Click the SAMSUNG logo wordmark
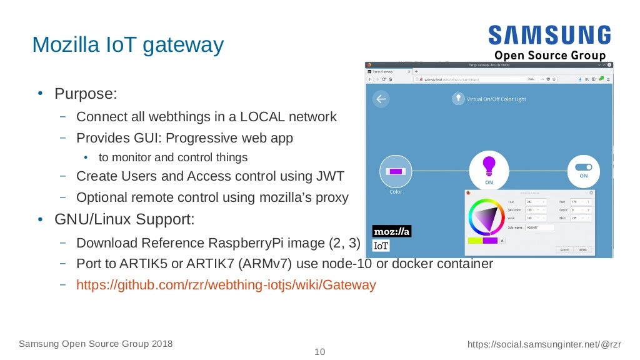pos(550,35)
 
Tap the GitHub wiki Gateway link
pos(226,285)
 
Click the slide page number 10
pos(319,352)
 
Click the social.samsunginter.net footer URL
pos(544,344)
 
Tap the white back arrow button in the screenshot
pos(381,99)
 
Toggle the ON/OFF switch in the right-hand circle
pos(584,167)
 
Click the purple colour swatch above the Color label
pos(396,171)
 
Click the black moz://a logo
pos(392,232)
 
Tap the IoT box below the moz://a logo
pos(381,246)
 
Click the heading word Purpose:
pos(86,94)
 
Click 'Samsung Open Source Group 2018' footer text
pos(96,344)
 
